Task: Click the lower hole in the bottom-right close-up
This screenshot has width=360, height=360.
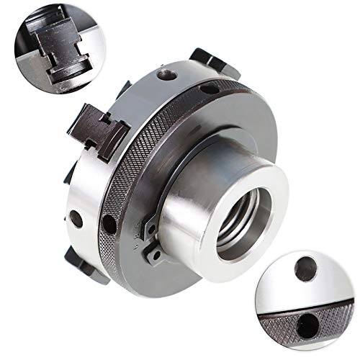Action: pyautogui.click(x=307, y=320)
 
